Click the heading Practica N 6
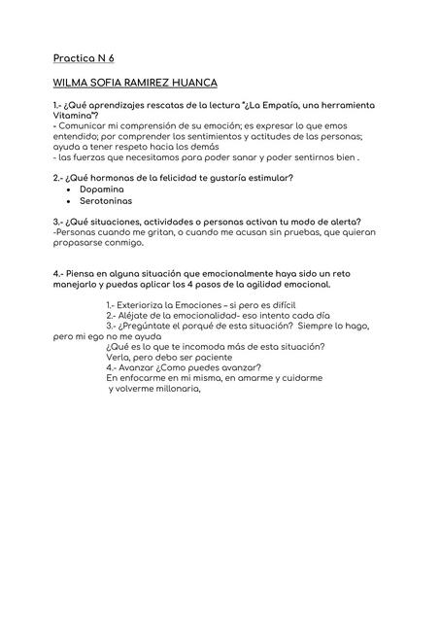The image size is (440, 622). coord(85,58)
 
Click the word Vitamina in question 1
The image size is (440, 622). coord(77,116)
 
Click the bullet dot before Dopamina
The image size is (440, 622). coord(67,189)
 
